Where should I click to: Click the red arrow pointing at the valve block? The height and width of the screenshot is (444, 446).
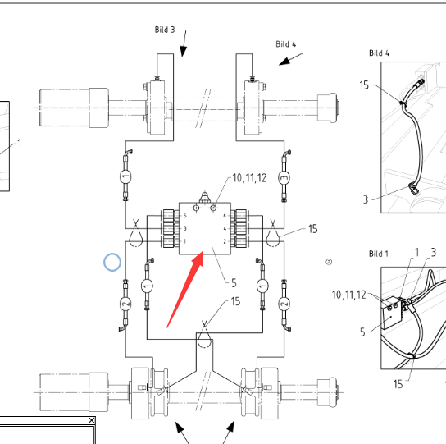click(185, 289)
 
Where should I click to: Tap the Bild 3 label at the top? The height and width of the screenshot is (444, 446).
click(165, 30)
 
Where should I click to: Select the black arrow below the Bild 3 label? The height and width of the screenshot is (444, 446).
click(184, 43)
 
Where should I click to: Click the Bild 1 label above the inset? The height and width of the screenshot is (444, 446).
click(378, 254)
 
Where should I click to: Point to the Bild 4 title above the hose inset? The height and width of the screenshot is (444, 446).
click(379, 53)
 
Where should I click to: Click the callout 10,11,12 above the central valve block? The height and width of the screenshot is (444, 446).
click(249, 178)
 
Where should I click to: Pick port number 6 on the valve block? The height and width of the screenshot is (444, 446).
click(225, 216)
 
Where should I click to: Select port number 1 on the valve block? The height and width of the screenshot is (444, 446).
click(185, 241)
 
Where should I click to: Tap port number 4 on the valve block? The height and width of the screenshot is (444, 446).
click(225, 228)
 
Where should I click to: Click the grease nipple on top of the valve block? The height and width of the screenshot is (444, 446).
click(204, 197)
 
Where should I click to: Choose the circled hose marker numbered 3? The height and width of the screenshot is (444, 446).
click(284, 178)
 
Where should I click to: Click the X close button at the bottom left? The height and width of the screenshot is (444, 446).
click(91, 420)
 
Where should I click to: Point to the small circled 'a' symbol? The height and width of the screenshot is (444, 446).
click(329, 262)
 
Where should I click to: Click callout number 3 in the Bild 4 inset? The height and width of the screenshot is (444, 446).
click(366, 199)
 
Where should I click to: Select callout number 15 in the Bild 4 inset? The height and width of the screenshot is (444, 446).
click(364, 85)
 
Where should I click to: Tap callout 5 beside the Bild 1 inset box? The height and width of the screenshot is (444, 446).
click(362, 332)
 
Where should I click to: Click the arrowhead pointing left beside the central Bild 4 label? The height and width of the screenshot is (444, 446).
click(284, 62)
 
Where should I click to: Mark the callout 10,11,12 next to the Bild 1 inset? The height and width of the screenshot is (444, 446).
click(348, 295)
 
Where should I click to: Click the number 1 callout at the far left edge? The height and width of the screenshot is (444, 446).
click(20, 144)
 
